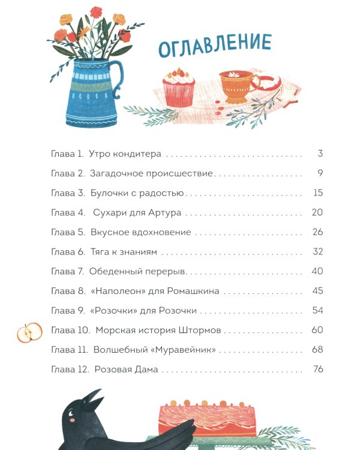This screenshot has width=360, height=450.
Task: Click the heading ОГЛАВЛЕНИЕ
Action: click(215, 45)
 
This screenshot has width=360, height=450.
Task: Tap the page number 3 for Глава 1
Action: click(320, 154)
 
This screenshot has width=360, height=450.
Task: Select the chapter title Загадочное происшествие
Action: click(151, 173)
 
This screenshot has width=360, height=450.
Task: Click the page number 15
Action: click(318, 193)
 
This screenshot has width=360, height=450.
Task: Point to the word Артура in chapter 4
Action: click(165, 213)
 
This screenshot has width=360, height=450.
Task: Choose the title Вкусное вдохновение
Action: click(140, 232)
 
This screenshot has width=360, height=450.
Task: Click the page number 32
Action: click(318, 251)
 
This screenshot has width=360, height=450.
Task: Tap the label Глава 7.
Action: click(67, 271)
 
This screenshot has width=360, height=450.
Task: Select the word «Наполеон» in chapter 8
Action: click(118, 291)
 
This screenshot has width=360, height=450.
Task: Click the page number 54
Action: click(318, 311)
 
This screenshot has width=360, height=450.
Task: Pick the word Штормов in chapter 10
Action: click(200, 330)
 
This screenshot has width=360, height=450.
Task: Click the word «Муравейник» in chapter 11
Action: click(183, 350)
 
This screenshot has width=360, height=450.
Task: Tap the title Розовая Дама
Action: click(127, 370)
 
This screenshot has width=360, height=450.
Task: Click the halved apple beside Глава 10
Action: click(29, 332)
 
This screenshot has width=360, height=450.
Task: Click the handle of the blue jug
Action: click(118, 78)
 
